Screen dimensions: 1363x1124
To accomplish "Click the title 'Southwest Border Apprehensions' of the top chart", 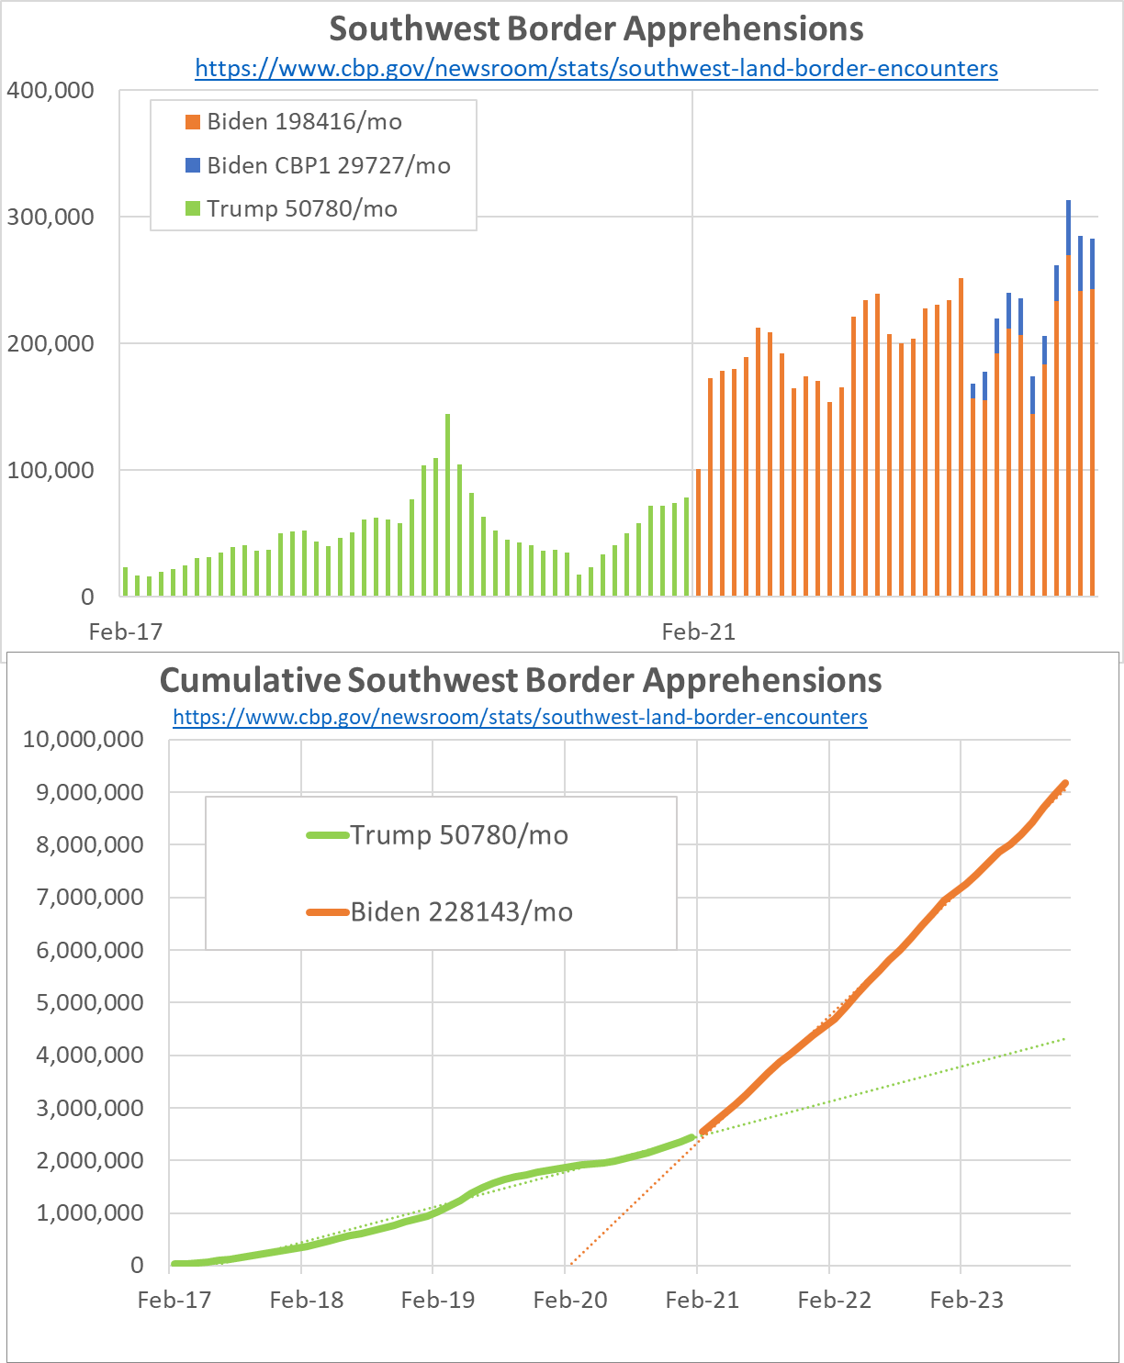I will pyautogui.click(x=596, y=28).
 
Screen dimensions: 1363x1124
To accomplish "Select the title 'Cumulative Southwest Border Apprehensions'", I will pyautogui.click(x=521, y=680).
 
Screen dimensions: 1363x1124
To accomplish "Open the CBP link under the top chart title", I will pyautogui.click(x=596, y=68).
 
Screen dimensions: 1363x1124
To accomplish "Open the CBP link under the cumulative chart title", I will pyautogui.click(x=520, y=717).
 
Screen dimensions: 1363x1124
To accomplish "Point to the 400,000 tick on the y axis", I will pyautogui.click(x=51, y=90).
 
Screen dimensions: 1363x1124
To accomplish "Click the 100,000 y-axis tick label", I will pyautogui.click(x=51, y=470).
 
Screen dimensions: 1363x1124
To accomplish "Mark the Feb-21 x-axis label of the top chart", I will pyautogui.click(x=699, y=631).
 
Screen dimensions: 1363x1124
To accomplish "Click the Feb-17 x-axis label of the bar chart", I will pyautogui.click(x=125, y=631).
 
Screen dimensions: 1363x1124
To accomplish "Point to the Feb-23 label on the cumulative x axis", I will pyautogui.click(x=966, y=1300).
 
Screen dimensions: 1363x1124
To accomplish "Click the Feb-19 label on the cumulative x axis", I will pyautogui.click(x=438, y=1300).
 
